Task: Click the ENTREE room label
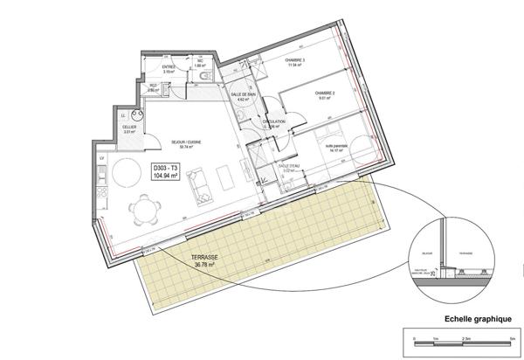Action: (169, 67)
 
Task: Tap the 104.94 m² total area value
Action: (165, 176)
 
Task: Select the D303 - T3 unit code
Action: (165, 167)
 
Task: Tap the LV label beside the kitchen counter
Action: (102, 157)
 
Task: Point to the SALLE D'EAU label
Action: (288, 167)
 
